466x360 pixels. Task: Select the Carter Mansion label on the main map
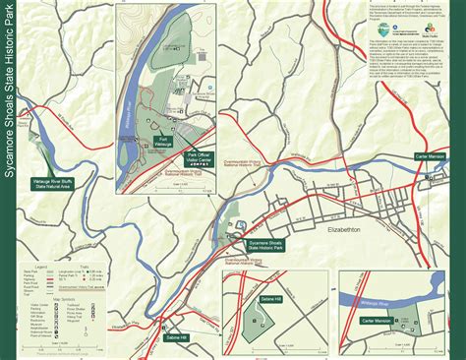tap(434, 155)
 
